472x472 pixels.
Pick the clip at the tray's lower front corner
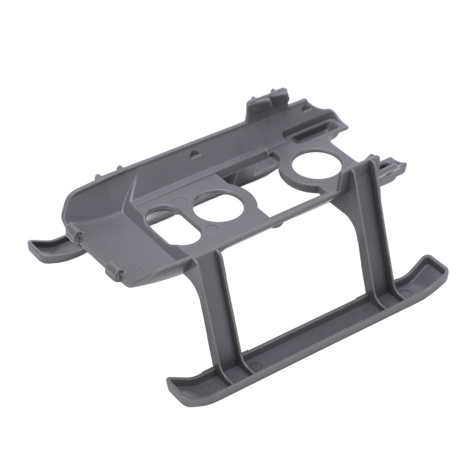[x=117, y=273]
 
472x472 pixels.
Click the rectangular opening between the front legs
[x=295, y=283]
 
